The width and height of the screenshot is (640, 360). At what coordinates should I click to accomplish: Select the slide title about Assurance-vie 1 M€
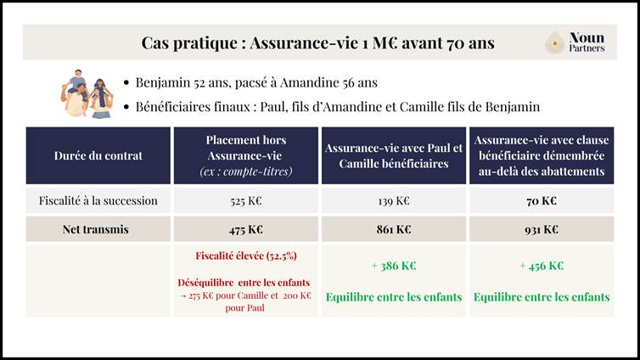pos(317,42)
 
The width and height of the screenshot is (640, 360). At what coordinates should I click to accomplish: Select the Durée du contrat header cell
pos(98,155)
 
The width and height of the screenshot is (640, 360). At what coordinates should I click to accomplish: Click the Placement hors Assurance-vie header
pos(245,155)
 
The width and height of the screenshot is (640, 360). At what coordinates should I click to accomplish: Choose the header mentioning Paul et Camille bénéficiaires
pos(393,155)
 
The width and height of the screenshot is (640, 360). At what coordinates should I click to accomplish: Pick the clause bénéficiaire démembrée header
pos(542,155)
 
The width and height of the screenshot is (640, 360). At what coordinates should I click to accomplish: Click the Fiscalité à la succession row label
pos(98,201)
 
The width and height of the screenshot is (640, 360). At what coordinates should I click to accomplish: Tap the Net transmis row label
pos(98,229)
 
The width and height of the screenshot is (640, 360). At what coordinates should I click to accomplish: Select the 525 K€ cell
pos(245,201)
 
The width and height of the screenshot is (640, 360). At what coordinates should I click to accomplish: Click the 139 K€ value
pos(393,201)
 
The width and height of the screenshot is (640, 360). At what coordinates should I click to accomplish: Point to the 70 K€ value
pos(542,201)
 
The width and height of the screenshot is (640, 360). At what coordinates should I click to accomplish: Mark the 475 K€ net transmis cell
pos(245,229)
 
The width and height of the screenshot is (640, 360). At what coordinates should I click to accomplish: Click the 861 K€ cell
pos(393,229)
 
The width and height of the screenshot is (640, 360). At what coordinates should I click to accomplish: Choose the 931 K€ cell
pos(542,229)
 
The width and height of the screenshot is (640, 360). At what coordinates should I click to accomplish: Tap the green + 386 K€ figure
pos(393,266)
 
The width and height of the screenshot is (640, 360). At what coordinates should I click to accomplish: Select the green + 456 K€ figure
pos(542,266)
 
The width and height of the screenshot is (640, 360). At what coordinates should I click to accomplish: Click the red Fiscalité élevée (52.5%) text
pos(245,256)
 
